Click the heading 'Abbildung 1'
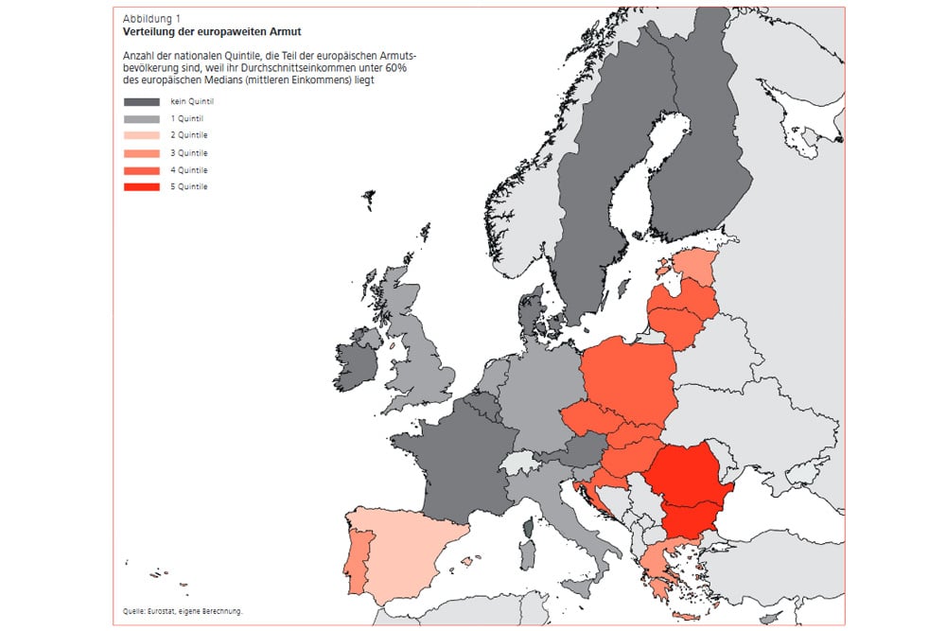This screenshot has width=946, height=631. point(152,19)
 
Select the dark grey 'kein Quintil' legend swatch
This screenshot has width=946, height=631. point(142,102)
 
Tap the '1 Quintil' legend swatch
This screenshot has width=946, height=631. point(142,119)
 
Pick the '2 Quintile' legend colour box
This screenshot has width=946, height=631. point(142,136)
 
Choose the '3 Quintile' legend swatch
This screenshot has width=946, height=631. point(142,153)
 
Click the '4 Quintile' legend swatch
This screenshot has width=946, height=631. point(142,170)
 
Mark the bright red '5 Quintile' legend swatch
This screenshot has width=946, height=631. point(142,187)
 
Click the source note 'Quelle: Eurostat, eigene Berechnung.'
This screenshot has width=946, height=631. point(183,611)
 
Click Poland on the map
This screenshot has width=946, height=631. point(629,378)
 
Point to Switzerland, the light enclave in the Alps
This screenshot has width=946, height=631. point(519,463)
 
